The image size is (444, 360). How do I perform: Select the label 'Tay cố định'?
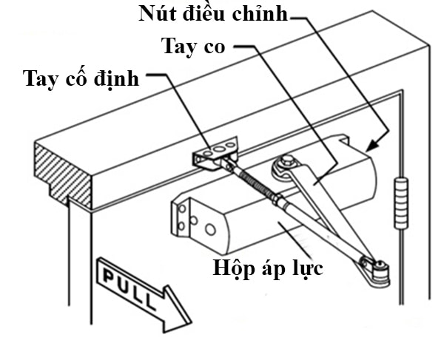pyautogui.click(x=81, y=77)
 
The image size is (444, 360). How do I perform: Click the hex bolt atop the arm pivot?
pyautogui.click(x=286, y=161)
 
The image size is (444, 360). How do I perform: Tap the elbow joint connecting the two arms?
pyautogui.click(x=378, y=270)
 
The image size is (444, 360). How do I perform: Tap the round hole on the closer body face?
pyautogui.click(x=209, y=230)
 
